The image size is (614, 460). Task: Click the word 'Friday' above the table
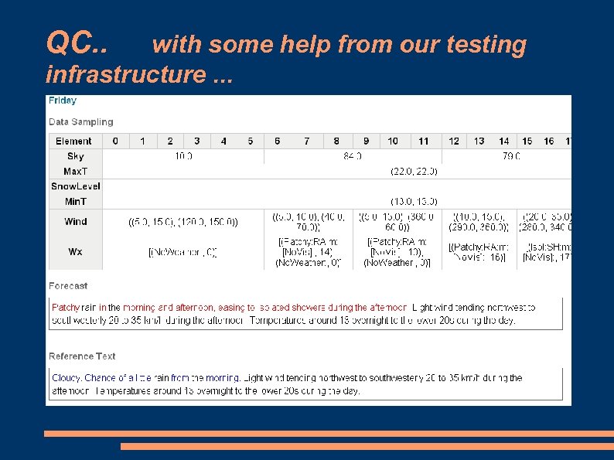pyautogui.click(x=63, y=101)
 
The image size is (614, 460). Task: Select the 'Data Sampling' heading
pyautogui.click(x=80, y=122)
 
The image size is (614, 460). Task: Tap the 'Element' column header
pyautogui.click(x=74, y=141)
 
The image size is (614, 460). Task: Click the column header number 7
pyautogui.click(x=307, y=141)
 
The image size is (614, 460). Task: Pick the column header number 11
pyautogui.click(x=423, y=141)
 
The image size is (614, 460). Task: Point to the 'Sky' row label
pyautogui.click(x=75, y=156)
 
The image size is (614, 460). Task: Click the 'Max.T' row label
pyautogui.click(x=75, y=171)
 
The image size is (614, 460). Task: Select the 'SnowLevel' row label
pyautogui.click(x=75, y=186)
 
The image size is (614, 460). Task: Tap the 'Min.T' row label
pyautogui.click(x=75, y=201)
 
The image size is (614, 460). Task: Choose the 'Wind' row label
pyautogui.click(x=75, y=222)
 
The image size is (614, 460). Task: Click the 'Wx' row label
pyautogui.click(x=75, y=252)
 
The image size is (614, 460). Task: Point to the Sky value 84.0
pyautogui.click(x=353, y=156)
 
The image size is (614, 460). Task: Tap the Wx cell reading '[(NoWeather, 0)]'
pyautogui.click(x=182, y=252)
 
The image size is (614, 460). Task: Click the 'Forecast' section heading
pyautogui.click(x=68, y=286)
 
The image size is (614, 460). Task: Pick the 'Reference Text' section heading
pyautogui.click(x=82, y=356)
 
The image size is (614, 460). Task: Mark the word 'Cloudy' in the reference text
pyautogui.click(x=66, y=378)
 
